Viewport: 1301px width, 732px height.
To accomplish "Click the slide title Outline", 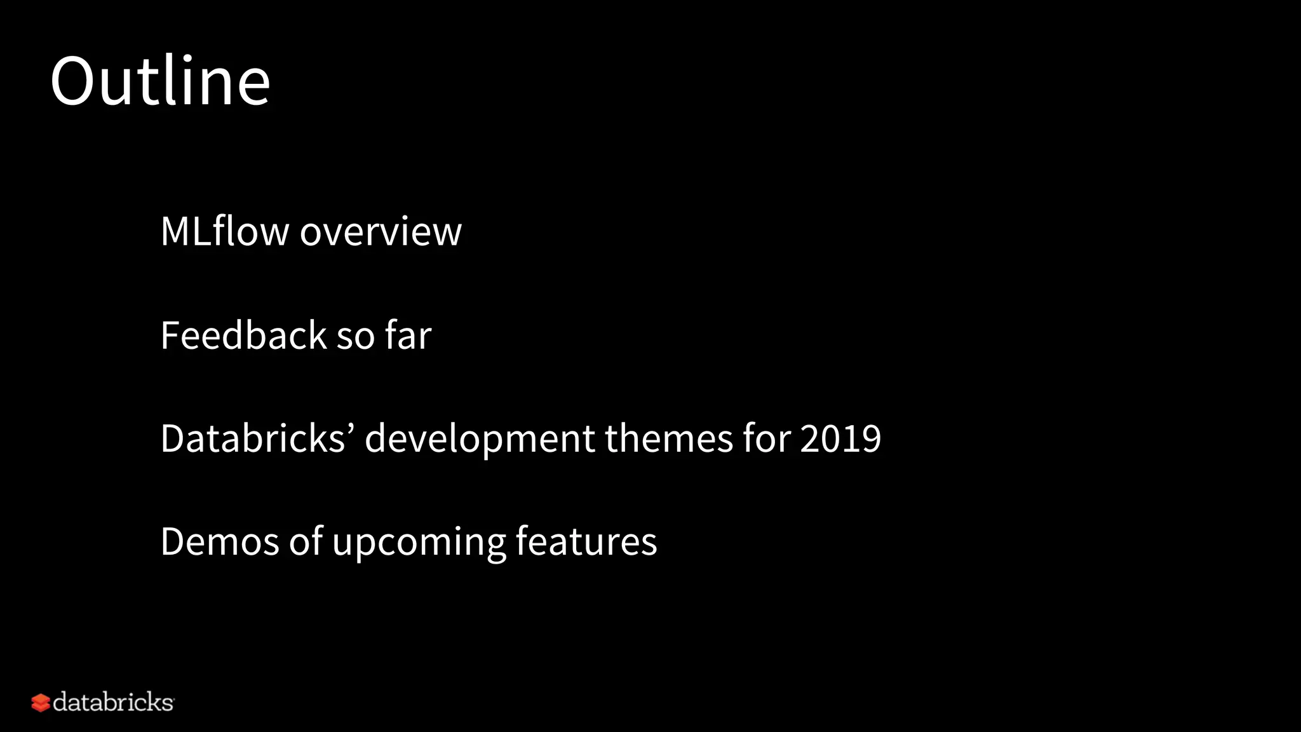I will click(x=160, y=81).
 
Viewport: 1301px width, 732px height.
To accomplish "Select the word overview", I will click(x=381, y=232).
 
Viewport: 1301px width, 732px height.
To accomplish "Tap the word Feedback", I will click(x=243, y=335).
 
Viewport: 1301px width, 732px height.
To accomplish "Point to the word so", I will click(x=355, y=337).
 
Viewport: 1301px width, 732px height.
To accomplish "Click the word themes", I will click(x=669, y=438).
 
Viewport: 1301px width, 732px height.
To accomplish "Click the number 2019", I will click(x=840, y=438).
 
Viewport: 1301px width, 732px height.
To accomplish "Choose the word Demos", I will click(x=220, y=542).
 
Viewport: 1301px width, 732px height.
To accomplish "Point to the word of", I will click(x=306, y=542).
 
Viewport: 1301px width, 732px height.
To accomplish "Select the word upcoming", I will click(x=419, y=544).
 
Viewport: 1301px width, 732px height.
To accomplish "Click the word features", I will click(x=586, y=542).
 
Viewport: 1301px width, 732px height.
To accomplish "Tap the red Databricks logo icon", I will click(x=41, y=703).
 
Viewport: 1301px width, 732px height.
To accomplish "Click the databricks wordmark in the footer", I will click(x=113, y=702).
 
